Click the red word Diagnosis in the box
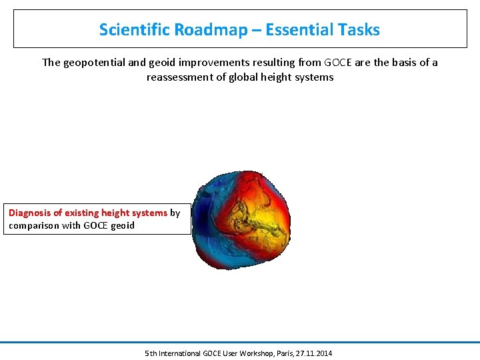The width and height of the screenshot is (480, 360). pyautogui.click(x=29, y=213)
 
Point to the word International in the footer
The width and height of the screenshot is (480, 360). pyautogui.click(x=181, y=353)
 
